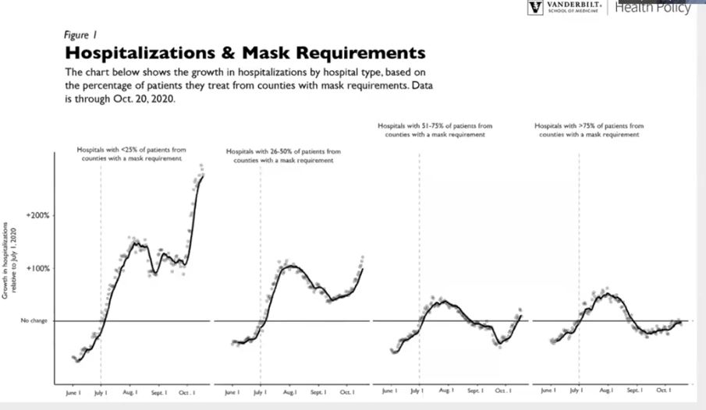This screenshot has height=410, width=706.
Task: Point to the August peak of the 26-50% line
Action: click(290, 267)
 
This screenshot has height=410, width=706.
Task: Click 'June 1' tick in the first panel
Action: click(74, 392)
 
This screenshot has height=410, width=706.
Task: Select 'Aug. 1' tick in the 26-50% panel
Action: click(289, 392)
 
